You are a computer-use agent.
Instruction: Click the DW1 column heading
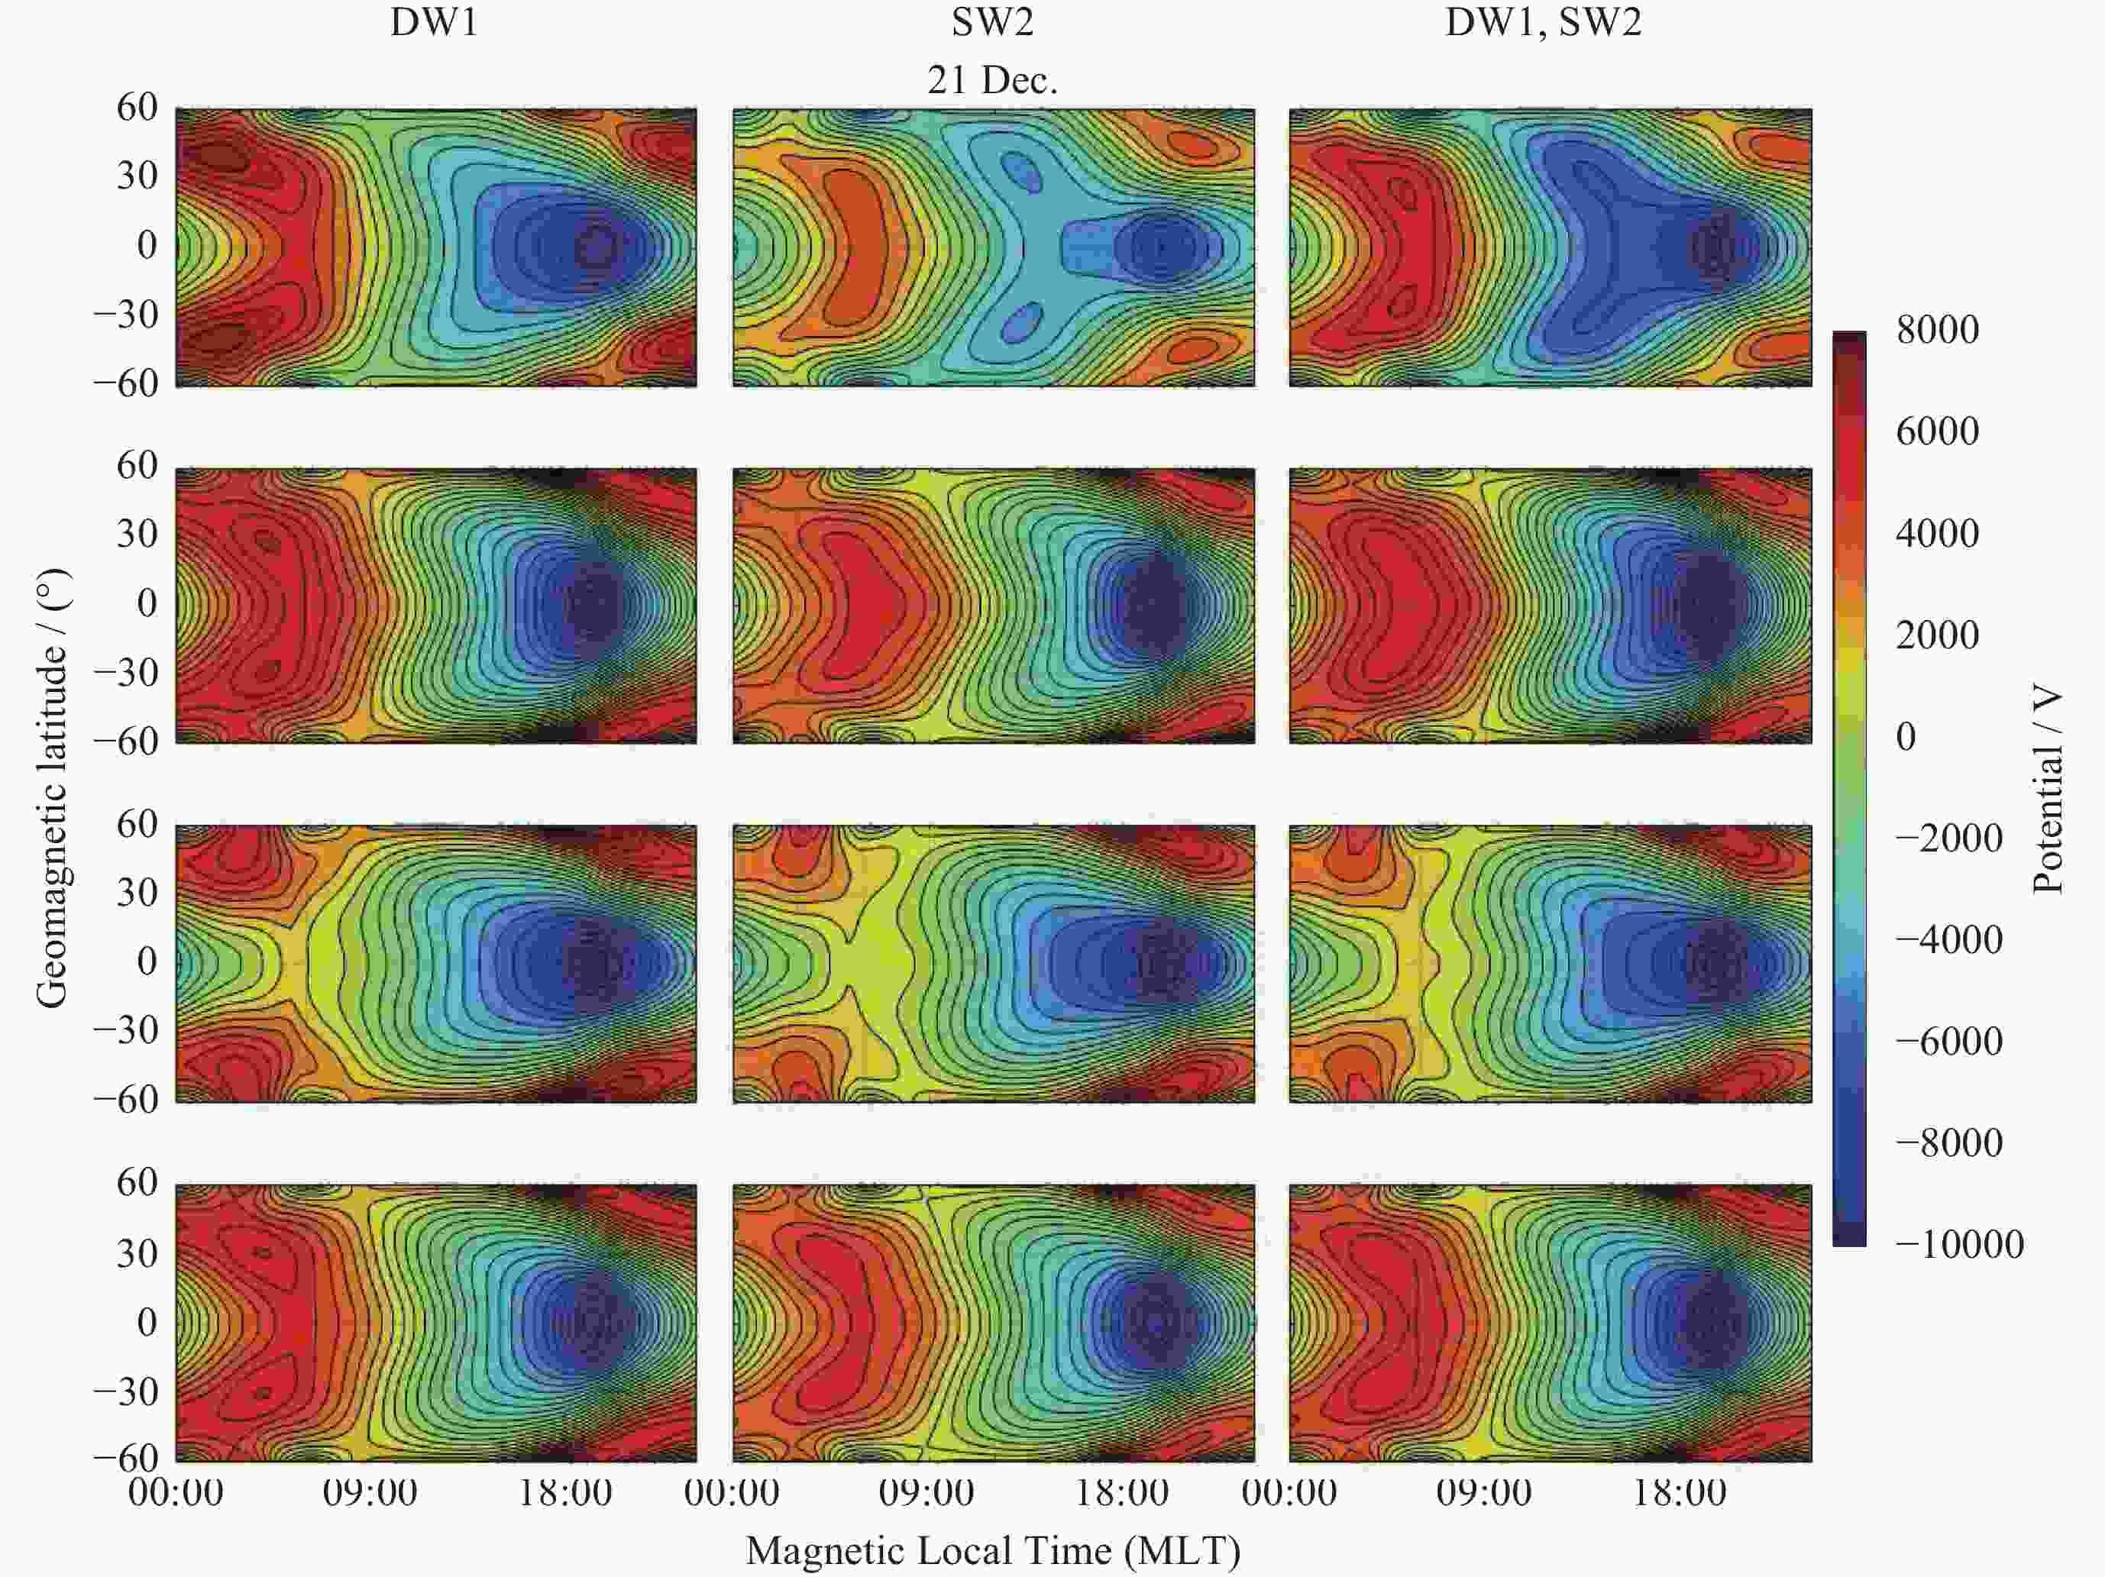tap(434, 22)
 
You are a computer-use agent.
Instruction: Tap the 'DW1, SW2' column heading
tap(1543, 22)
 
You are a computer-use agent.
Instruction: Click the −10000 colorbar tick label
tap(1958, 1245)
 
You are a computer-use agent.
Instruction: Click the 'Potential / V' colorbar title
tap(2047, 790)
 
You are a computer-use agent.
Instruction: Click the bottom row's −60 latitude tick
tap(125, 1458)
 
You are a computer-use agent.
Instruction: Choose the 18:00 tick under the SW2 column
tap(1121, 1492)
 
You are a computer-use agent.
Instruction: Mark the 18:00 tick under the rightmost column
tap(1680, 1492)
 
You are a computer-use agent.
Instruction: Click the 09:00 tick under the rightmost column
tap(1483, 1492)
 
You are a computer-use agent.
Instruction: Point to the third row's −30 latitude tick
tap(125, 1029)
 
